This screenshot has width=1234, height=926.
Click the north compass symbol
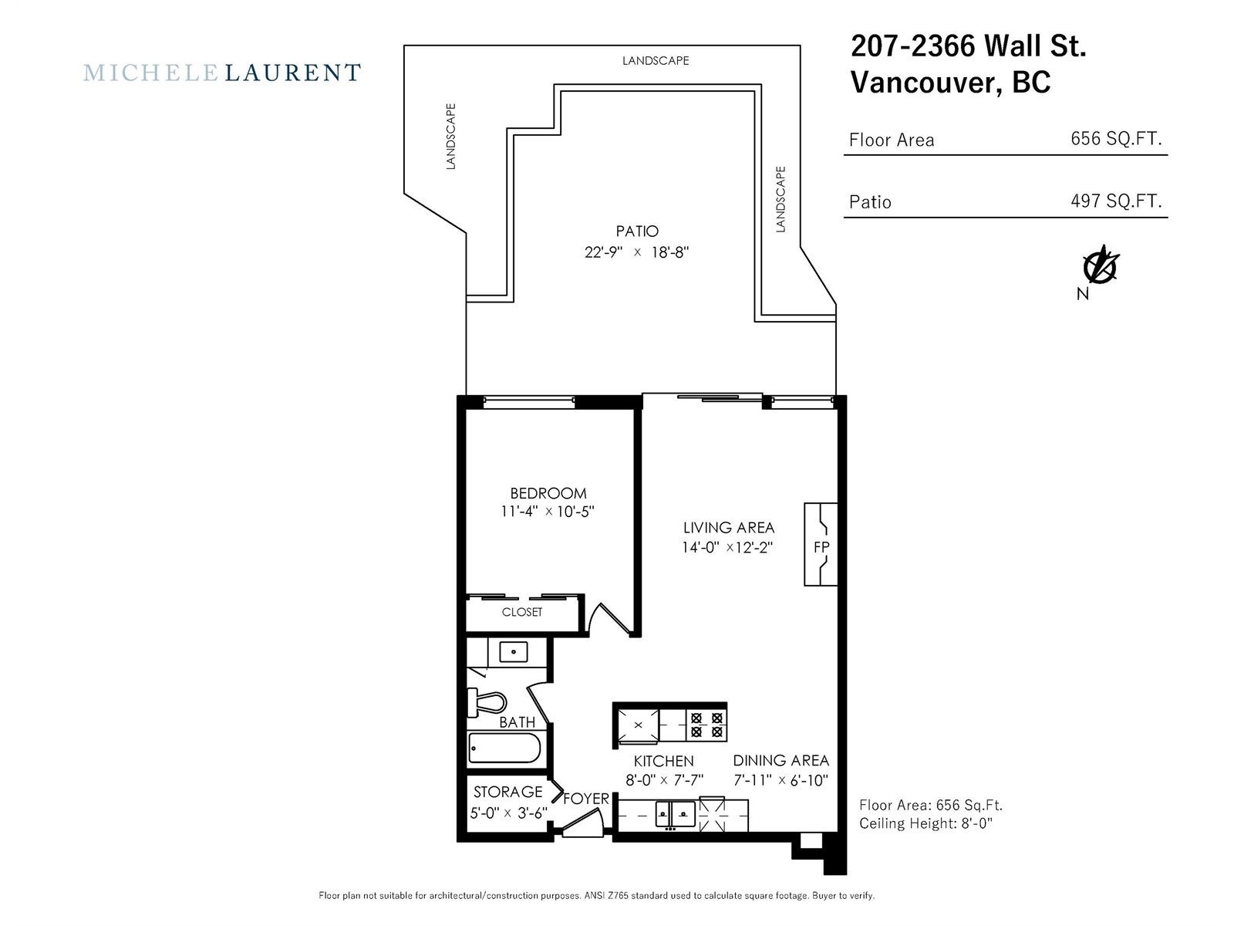1101,266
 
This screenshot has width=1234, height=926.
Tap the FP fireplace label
821,547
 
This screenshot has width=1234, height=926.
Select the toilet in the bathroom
487,703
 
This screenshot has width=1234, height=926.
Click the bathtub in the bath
504,748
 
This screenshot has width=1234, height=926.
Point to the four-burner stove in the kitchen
706,725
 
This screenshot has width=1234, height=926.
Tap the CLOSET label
522,612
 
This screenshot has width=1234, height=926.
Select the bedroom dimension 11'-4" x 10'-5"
548,511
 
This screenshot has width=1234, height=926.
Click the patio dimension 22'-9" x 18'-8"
636,252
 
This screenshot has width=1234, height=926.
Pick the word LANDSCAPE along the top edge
656,61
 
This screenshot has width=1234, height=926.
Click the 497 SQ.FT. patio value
1116,201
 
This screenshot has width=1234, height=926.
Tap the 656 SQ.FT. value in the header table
1116,138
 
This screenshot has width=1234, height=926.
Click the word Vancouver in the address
926,83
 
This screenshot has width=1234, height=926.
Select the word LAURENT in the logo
293,73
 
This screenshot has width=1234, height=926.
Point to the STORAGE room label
507,792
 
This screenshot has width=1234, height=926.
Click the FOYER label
586,799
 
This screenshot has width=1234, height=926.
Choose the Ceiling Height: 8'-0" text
926,823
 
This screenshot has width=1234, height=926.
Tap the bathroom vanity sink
514,651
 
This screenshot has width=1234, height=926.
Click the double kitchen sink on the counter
675,813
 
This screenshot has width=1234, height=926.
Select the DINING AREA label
781,760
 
